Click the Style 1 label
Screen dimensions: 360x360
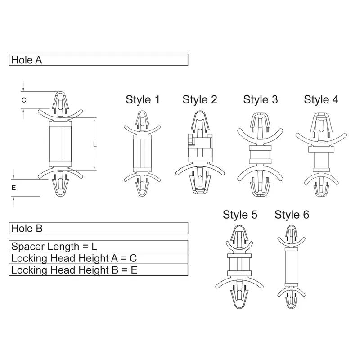[x=142, y=100]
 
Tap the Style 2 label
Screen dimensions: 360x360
[x=200, y=100]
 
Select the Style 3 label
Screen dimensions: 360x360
[x=261, y=100]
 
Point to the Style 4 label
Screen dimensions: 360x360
[x=321, y=100]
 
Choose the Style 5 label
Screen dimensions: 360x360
[x=240, y=215]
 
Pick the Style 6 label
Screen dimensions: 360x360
[x=292, y=215]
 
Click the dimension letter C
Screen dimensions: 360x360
[x=24, y=100]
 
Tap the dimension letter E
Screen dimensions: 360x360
[x=14, y=188]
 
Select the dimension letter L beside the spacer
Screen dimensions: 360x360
[x=95, y=144]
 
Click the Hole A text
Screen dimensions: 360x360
[x=27, y=60]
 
